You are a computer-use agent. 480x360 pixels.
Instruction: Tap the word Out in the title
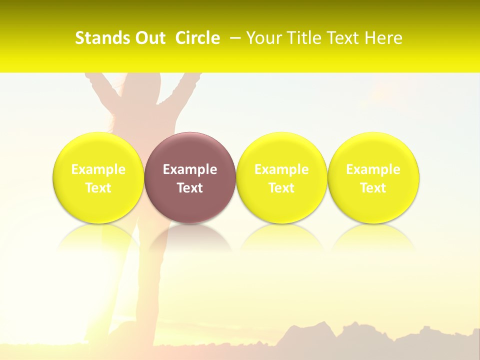coord(149,38)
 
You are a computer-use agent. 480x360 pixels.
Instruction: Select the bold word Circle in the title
coord(197,38)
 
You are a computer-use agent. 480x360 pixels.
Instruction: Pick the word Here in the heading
coord(384,38)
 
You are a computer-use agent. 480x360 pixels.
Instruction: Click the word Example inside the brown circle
coord(190,169)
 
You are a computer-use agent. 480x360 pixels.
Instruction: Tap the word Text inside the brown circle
coord(190,188)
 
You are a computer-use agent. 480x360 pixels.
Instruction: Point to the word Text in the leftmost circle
coord(98,188)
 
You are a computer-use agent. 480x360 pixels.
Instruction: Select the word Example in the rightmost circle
coord(373,169)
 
